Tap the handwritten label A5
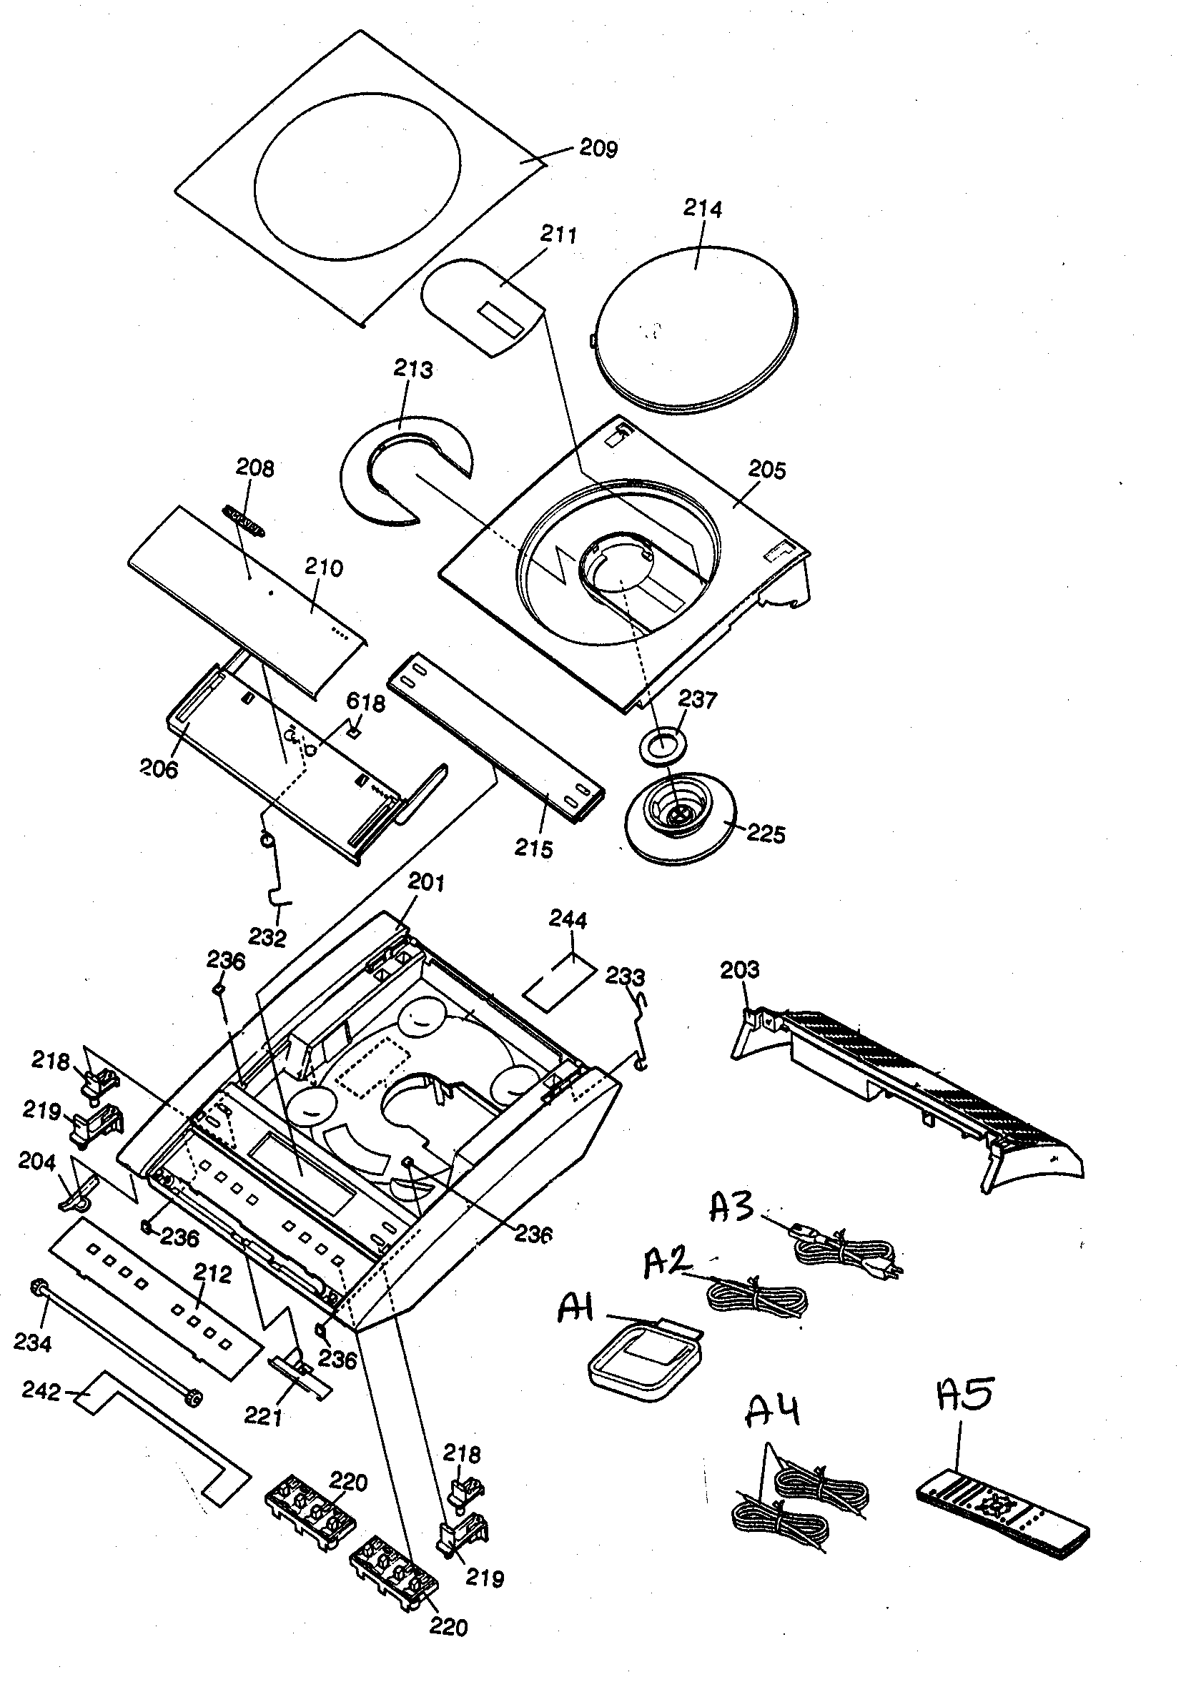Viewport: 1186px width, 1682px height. [x=966, y=1395]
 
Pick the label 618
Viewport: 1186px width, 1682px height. [x=365, y=703]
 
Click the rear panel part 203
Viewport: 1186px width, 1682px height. [x=909, y=1077]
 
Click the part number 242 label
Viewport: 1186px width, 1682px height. [x=41, y=1391]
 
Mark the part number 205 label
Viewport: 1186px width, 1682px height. [x=767, y=470]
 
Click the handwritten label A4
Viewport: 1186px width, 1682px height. [x=772, y=1411]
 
